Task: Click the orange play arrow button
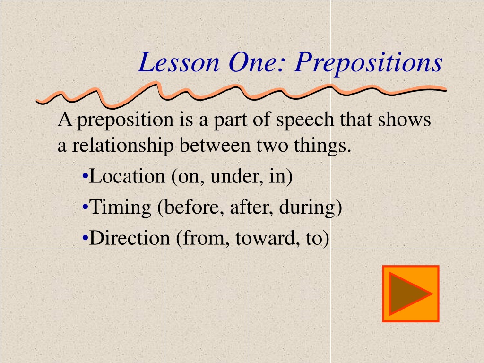411,294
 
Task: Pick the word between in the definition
215,145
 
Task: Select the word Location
127,176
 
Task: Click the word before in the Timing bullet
191,207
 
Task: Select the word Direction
130,238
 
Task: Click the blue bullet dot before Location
86,177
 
